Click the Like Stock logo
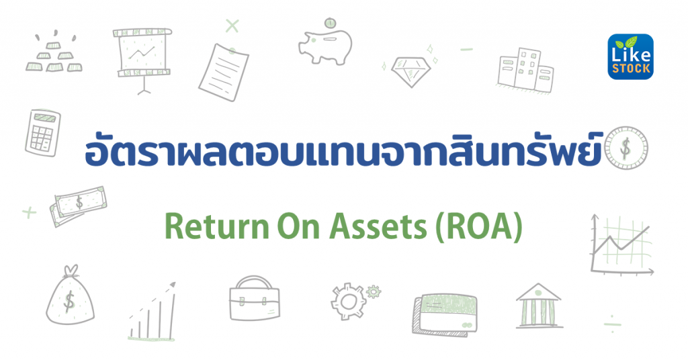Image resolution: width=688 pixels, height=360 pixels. pyautogui.click(x=630, y=57)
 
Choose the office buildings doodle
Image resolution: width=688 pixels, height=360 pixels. pyautogui.click(x=525, y=69)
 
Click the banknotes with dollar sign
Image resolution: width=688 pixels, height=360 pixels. pyautogui.click(x=79, y=204)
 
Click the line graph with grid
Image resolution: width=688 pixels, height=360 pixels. pyautogui.click(x=621, y=242)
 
